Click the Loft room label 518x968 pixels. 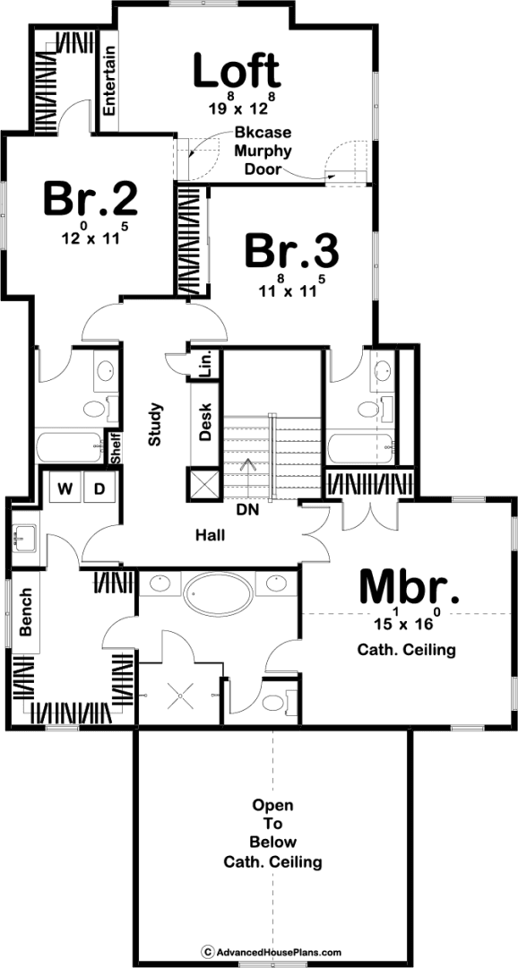pyautogui.click(x=237, y=72)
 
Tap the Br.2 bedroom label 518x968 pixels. pyautogui.click(x=91, y=199)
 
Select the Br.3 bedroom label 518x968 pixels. pyautogui.click(x=292, y=251)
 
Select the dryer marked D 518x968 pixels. pyautogui.click(x=99, y=489)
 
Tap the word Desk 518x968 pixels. pyautogui.click(x=205, y=421)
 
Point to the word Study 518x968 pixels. pyautogui.click(x=154, y=424)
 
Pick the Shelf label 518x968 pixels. pyautogui.click(x=116, y=448)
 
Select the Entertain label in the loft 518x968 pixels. pyautogui.click(x=109, y=81)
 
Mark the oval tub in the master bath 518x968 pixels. pyautogui.click(x=218, y=594)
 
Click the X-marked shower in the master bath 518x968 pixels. pyautogui.click(x=179, y=695)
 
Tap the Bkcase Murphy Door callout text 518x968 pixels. pyautogui.click(x=263, y=151)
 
